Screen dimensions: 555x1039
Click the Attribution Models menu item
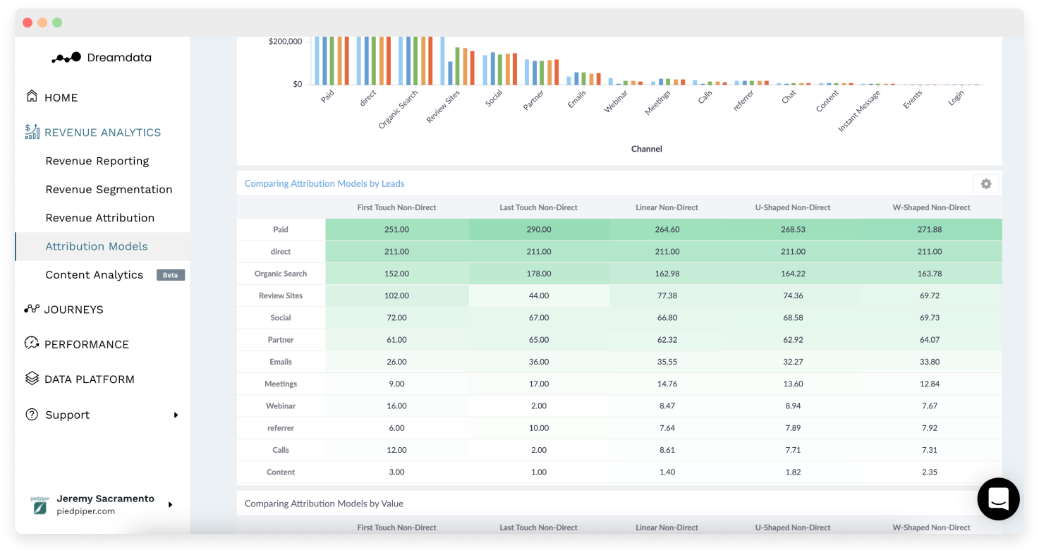click(97, 246)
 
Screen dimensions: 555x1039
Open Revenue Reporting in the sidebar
click(97, 161)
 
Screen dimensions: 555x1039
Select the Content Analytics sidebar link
click(94, 274)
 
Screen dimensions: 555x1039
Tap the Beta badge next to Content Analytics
click(171, 275)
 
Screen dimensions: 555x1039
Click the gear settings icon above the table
click(986, 183)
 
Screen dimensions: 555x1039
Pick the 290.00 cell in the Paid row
click(538, 229)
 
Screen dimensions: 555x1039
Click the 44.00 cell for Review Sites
click(538, 295)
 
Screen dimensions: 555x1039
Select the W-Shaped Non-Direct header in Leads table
click(931, 207)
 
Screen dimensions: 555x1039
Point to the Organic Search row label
click(281, 274)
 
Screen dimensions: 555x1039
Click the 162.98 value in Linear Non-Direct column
click(667, 274)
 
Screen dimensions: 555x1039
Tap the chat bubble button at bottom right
click(998, 499)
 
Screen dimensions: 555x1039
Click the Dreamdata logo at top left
click(102, 58)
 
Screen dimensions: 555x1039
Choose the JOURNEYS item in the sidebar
click(73, 310)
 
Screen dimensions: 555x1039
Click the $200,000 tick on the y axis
click(285, 42)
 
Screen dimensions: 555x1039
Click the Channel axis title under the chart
click(646, 149)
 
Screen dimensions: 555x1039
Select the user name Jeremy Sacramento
click(105, 499)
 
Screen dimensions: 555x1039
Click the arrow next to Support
click(176, 415)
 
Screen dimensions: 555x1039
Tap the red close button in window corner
click(28, 23)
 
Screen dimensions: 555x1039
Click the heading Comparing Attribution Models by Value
click(324, 504)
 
